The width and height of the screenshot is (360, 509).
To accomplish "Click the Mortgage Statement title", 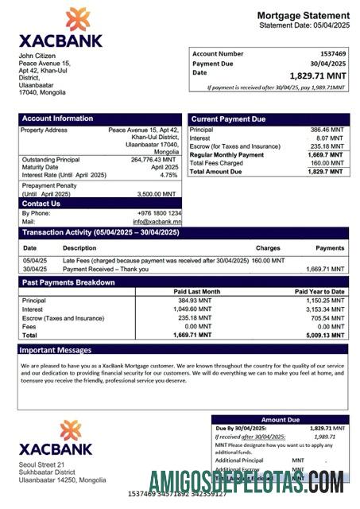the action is (x=303, y=16).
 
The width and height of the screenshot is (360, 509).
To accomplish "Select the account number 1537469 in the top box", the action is (x=331, y=53).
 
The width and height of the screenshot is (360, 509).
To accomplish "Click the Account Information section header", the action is (x=57, y=119).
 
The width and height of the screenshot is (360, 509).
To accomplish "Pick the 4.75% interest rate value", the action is (x=168, y=175).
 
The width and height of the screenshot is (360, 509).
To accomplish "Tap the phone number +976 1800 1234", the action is (x=157, y=213).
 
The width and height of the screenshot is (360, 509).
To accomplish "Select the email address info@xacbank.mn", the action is (x=157, y=221).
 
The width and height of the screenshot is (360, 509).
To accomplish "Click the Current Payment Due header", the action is (x=229, y=119).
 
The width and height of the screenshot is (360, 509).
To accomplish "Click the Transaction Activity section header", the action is (x=100, y=232).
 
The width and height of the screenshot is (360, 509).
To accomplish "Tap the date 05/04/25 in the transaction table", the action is (x=34, y=260).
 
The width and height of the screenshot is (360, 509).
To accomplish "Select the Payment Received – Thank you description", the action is (x=106, y=269).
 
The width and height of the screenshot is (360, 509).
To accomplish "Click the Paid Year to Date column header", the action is (x=319, y=292).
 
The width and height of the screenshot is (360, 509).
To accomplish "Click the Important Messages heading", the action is (x=56, y=349).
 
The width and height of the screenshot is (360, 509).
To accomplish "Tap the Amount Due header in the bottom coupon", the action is (x=280, y=419).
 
